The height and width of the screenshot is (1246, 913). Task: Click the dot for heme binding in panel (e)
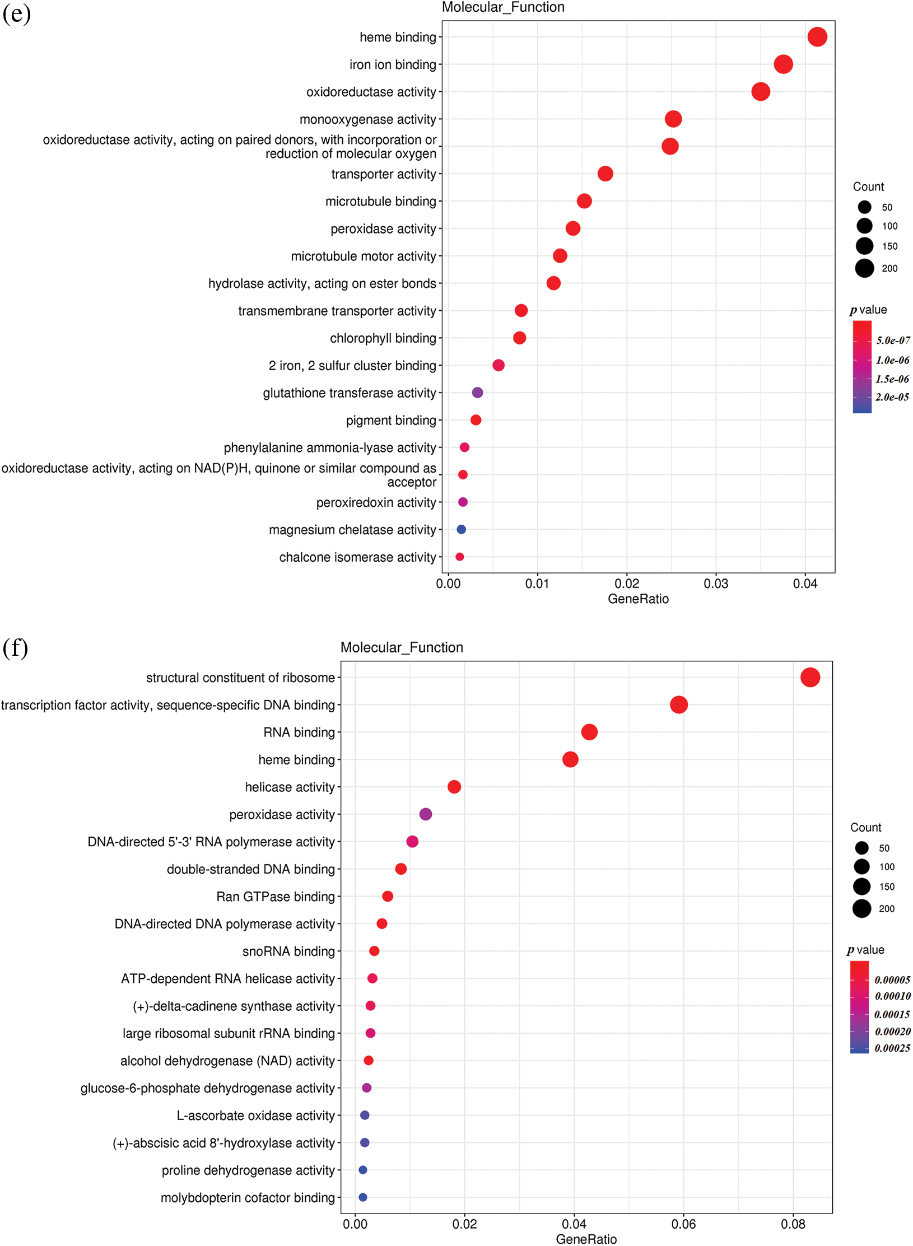coord(817,37)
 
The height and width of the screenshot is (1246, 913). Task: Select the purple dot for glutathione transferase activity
coord(477,393)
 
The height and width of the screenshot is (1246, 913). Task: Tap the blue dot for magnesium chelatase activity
coord(461,529)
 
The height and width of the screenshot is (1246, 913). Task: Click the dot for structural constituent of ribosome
coord(810,677)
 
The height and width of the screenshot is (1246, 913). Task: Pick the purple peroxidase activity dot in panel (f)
coord(425,814)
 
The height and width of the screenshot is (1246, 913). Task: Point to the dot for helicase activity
coord(454,787)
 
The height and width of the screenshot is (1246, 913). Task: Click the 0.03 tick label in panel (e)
coord(716,584)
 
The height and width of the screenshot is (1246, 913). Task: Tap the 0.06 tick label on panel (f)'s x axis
coord(683,1224)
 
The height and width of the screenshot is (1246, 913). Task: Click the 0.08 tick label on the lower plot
coord(793,1224)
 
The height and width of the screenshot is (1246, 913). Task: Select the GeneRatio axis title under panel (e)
coord(638,599)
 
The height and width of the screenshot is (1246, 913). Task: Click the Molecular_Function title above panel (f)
coord(402,647)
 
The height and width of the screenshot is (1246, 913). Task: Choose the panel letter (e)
coord(16,13)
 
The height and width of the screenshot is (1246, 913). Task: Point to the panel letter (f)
coord(15,648)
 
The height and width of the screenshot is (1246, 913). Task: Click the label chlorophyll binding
coord(383,338)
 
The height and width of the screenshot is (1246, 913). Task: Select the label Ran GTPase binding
coord(276,897)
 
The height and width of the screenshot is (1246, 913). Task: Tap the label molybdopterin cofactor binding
coord(248,1197)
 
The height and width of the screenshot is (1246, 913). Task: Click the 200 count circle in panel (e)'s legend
coord(864,268)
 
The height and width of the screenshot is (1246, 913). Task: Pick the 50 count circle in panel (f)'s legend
coord(861,848)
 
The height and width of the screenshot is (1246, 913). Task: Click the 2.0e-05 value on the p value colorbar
coord(892,397)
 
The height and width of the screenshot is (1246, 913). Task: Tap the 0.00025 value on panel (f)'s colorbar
coord(892,1048)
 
